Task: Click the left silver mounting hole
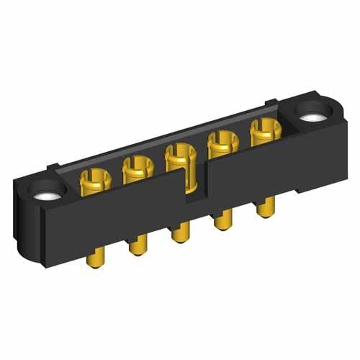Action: (47, 194)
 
